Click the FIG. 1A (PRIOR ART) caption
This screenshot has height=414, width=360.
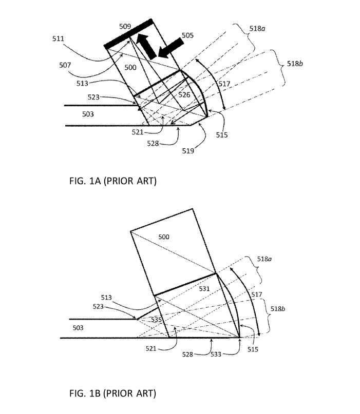112,181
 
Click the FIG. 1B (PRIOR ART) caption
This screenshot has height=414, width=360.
112,393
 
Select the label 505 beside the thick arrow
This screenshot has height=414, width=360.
187,35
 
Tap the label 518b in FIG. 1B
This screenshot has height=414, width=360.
278,309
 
